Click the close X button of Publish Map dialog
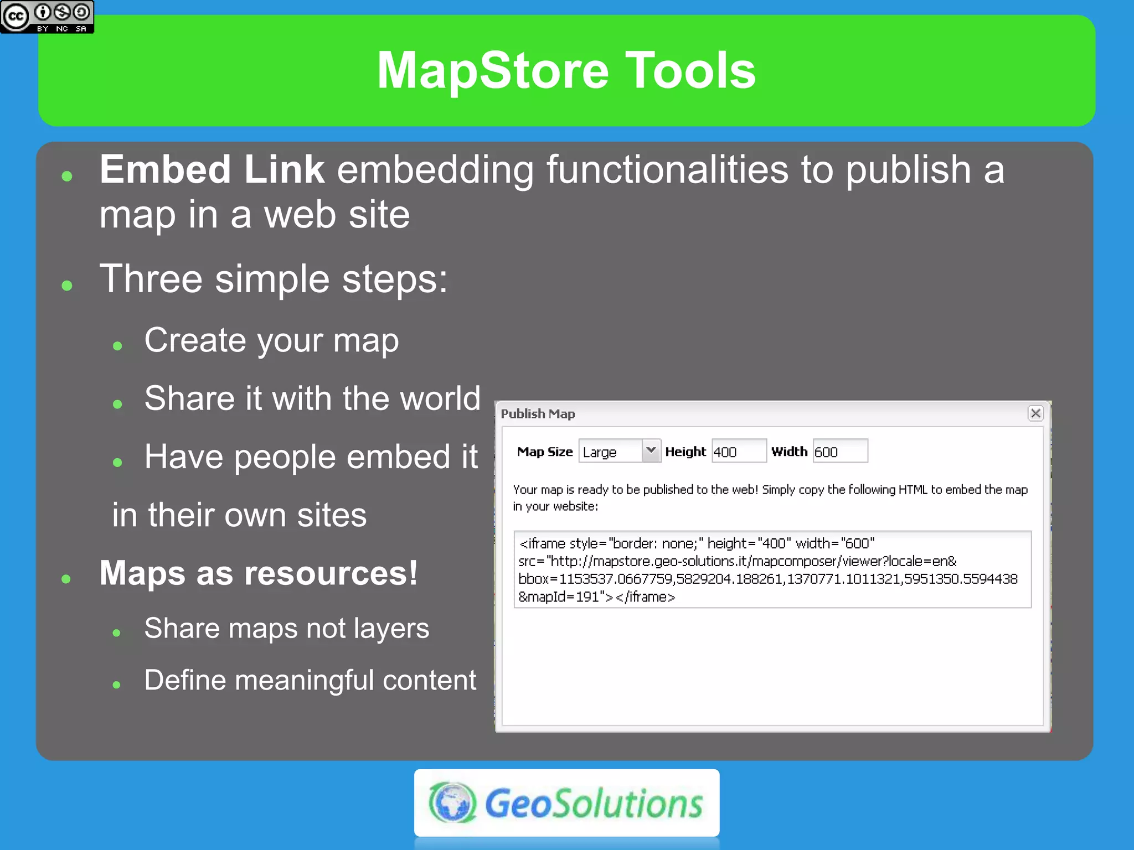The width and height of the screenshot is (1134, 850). (x=1035, y=413)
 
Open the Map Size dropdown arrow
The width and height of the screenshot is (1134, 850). (x=651, y=451)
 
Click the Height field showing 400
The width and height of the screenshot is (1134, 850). (x=738, y=452)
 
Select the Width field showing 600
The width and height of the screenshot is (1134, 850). (x=839, y=452)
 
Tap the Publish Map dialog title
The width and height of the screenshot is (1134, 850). (x=538, y=414)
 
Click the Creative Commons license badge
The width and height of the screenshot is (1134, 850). (x=47, y=17)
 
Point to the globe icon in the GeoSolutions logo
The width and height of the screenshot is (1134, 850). (x=452, y=802)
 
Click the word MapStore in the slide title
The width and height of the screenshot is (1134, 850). (x=493, y=70)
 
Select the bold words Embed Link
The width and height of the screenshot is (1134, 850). (x=212, y=169)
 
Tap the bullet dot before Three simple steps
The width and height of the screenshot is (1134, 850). (x=68, y=286)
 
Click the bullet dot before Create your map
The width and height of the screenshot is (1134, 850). (x=117, y=346)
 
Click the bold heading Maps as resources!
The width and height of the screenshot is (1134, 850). (x=258, y=573)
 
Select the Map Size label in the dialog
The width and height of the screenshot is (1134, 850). (x=544, y=452)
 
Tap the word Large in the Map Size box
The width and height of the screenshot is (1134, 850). (x=599, y=453)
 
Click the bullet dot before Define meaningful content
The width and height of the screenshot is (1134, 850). (x=116, y=685)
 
